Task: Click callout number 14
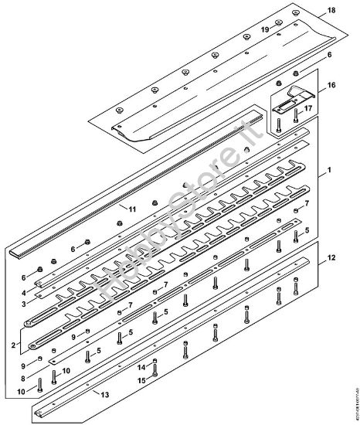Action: coord(141,366)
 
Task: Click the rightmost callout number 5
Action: coord(306,231)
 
